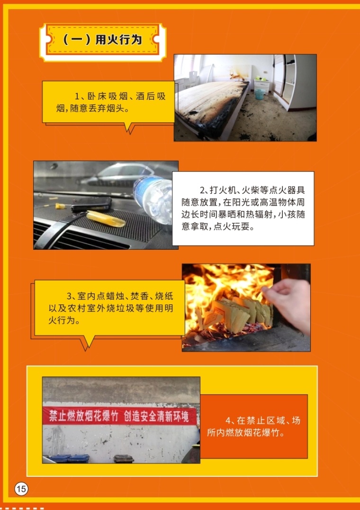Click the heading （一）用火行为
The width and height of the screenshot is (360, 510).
click(x=102, y=40)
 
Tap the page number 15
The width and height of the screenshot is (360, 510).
click(x=21, y=489)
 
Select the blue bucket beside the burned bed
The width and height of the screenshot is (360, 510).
click(x=259, y=94)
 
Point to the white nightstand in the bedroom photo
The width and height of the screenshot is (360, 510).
click(x=261, y=85)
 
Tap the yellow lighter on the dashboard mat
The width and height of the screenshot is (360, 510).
click(x=106, y=218)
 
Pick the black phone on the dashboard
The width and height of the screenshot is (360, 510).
click(x=91, y=204)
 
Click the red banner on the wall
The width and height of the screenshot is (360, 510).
click(x=120, y=416)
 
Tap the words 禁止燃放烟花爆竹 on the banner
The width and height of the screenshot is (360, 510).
click(x=83, y=416)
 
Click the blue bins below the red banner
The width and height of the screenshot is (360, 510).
click(x=69, y=458)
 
